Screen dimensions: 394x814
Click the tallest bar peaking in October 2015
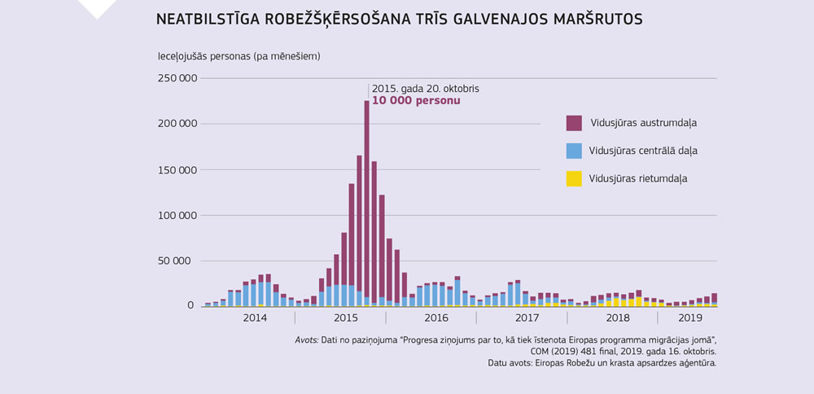click(366, 204)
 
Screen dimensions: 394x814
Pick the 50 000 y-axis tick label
click(181, 261)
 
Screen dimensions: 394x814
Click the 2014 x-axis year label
click(255, 317)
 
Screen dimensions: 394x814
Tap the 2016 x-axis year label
click(436, 317)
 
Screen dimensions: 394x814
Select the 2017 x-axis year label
click(527, 317)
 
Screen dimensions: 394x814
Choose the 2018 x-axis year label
click(618, 317)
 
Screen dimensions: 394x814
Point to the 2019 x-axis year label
click(690, 317)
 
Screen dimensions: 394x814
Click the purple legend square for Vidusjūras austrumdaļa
click(574, 123)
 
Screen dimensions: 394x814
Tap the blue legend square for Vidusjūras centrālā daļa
click(574, 151)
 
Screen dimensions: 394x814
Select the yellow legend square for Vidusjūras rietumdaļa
click(574, 178)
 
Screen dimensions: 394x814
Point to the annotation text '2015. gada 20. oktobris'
click(425, 88)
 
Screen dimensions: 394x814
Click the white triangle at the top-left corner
click(97, 7)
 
